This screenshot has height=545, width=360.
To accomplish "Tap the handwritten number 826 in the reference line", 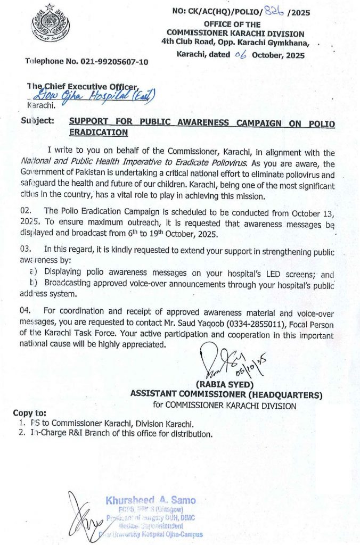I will [x=276, y=11].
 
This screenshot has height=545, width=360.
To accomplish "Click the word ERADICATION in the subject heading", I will [x=99, y=133].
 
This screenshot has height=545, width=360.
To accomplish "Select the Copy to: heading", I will [x=29, y=413].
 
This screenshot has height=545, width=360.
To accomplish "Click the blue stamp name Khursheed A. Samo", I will [x=151, y=500].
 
